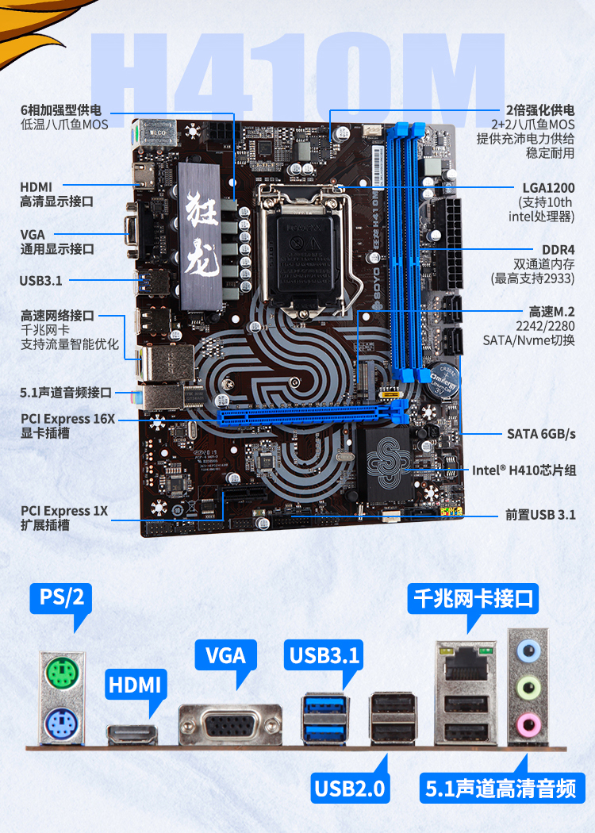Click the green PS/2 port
point(62,674)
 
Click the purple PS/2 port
point(62,724)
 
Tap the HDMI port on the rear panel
point(132,735)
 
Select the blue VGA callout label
point(226,655)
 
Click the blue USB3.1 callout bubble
point(324,655)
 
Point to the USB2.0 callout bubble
point(350,788)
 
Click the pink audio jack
point(528,723)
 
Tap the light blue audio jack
point(528,650)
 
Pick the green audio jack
point(528,686)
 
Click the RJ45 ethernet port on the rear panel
point(466,664)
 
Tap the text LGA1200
point(548,188)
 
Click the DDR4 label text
point(558,250)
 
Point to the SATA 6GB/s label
point(541,434)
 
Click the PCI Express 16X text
point(67,419)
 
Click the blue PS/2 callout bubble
point(62,597)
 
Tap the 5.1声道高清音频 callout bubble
point(501,788)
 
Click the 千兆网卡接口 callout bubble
point(474,599)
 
